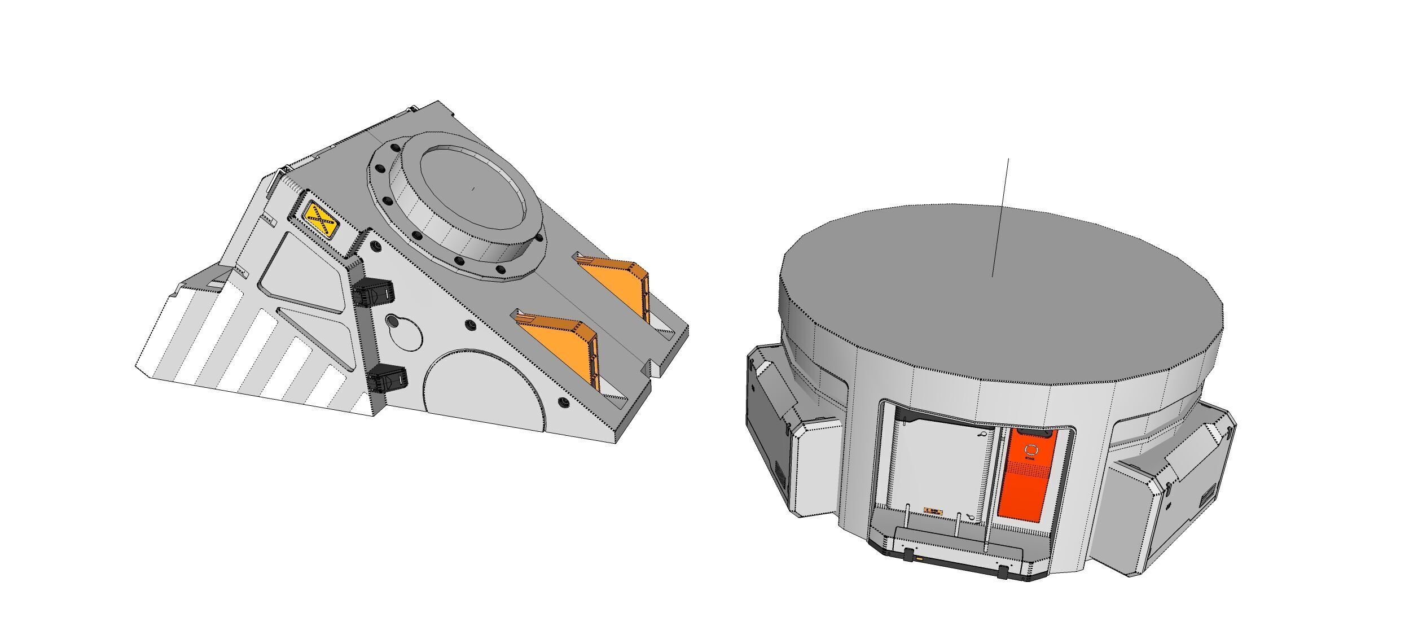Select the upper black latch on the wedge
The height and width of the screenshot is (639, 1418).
coord(374,293)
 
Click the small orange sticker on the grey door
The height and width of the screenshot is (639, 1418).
coord(932,511)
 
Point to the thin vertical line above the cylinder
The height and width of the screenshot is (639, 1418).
coord(1000,215)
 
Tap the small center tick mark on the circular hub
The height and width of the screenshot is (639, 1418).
coord(473,189)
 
